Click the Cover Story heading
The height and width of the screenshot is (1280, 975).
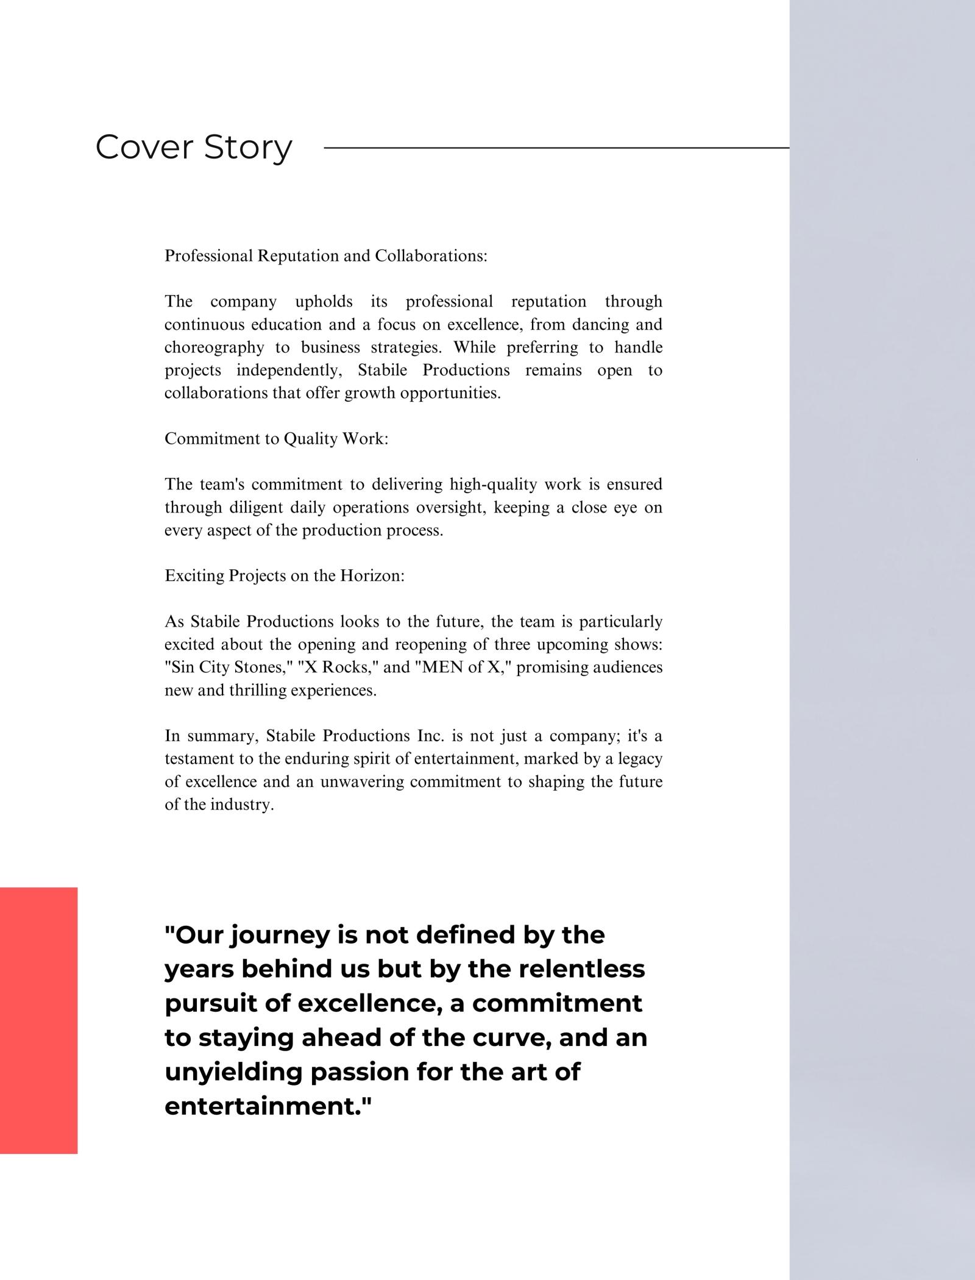[x=194, y=148]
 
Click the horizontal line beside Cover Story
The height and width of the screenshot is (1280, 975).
[x=556, y=148]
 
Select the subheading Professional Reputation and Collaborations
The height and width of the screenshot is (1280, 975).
[x=326, y=255]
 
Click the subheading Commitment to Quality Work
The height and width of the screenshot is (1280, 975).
[x=276, y=439]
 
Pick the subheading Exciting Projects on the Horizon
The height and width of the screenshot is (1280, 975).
[x=285, y=576]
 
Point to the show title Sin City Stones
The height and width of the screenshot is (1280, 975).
[x=229, y=667]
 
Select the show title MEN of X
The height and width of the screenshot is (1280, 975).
[x=466, y=667]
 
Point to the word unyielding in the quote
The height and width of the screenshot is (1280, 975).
[x=233, y=1072]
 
